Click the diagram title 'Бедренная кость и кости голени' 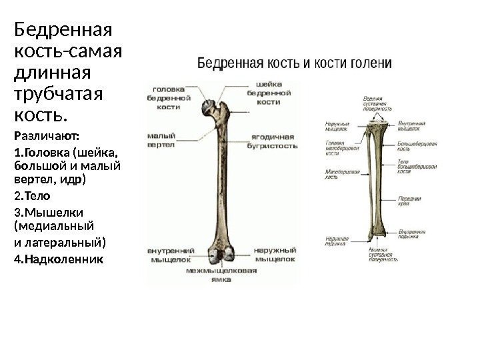[x=293, y=64]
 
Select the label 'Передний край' [x=408, y=201]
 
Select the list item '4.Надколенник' [x=59, y=257]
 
